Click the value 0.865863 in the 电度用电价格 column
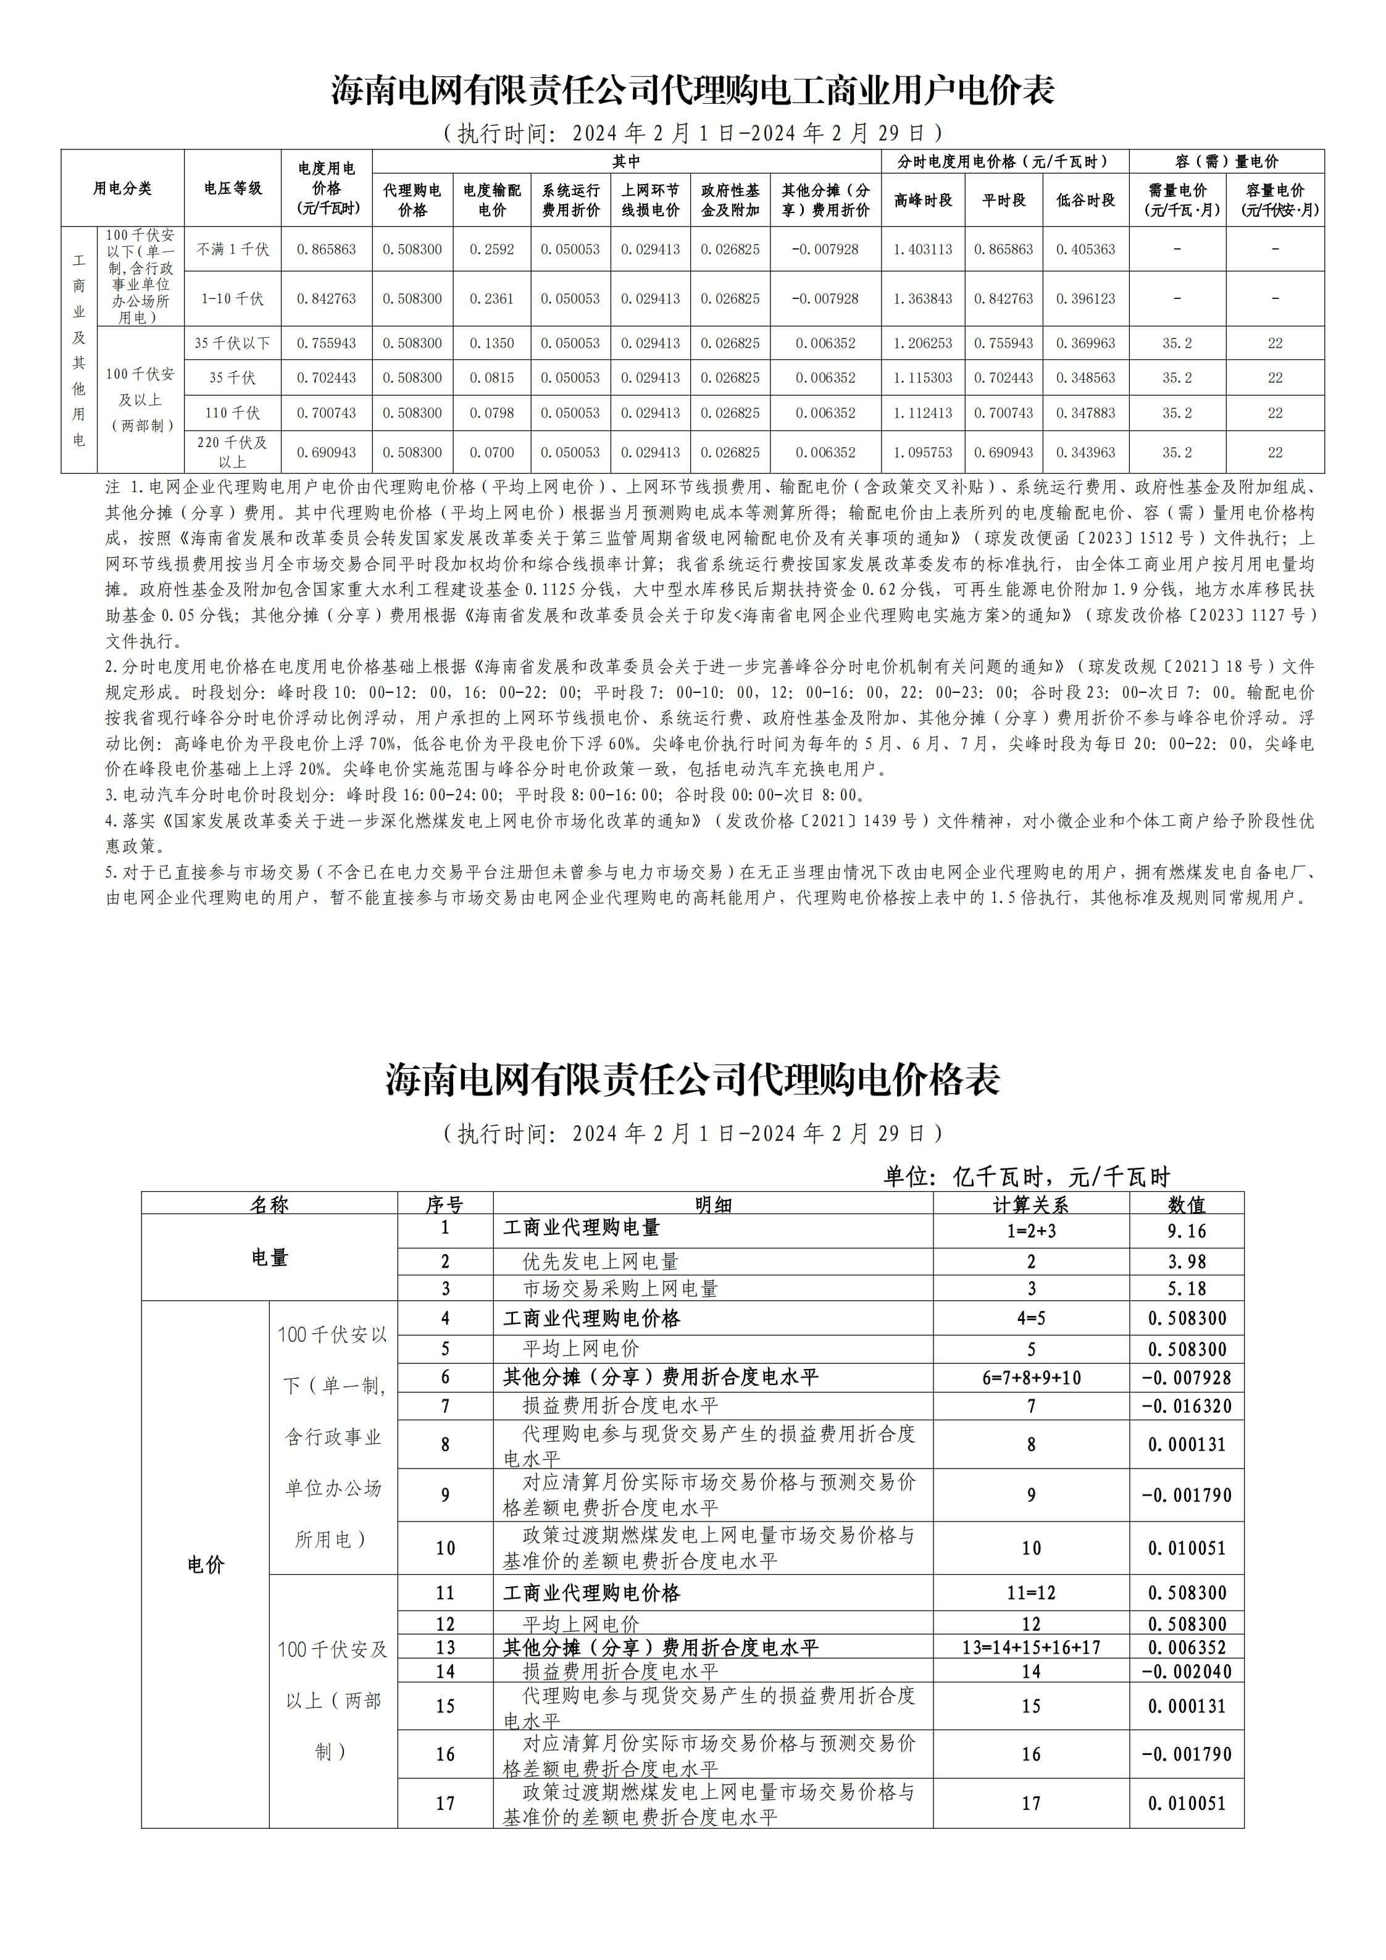click(326, 249)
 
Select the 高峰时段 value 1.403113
click(922, 249)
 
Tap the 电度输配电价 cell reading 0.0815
click(491, 377)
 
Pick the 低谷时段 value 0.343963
click(1085, 453)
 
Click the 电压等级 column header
click(232, 188)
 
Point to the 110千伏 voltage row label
click(232, 413)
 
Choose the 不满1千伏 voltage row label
click(232, 249)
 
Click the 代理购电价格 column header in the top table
click(412, 199)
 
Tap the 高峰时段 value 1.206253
click(922, 343)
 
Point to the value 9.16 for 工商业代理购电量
click(1187, 1231)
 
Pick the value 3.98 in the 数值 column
click(1187, 1262)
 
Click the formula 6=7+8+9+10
click(1031, 1377)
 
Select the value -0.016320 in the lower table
click(1187, 1406)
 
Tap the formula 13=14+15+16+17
click(1031, 1648)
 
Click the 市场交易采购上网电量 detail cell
click(620, 1288)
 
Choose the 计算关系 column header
click(1031, 1205)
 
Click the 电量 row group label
click(270, 1257)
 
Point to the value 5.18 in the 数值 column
click(1187, 1288)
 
